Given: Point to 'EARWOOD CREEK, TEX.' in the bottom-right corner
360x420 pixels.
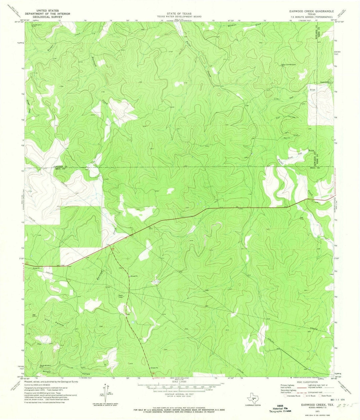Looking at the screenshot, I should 306,403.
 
